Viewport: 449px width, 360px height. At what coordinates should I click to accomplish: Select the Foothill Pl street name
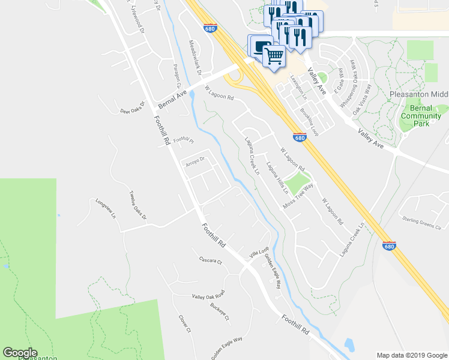pyautogui.click(x=184, y=141)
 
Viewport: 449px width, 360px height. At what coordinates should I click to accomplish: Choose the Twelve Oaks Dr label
pyautogui.click(x=137, y=205)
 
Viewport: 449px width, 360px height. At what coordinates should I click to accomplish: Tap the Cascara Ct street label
pyautogui.click(x=211, y=261)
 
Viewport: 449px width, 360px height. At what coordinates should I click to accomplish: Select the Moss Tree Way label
pyautogui.click(x=299, y=197)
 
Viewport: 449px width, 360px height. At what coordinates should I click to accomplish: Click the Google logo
pyautogui.click(x=19, y=353)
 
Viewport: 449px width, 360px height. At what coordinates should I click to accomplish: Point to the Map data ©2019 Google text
pyautogui.click(x=411, y=355)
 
